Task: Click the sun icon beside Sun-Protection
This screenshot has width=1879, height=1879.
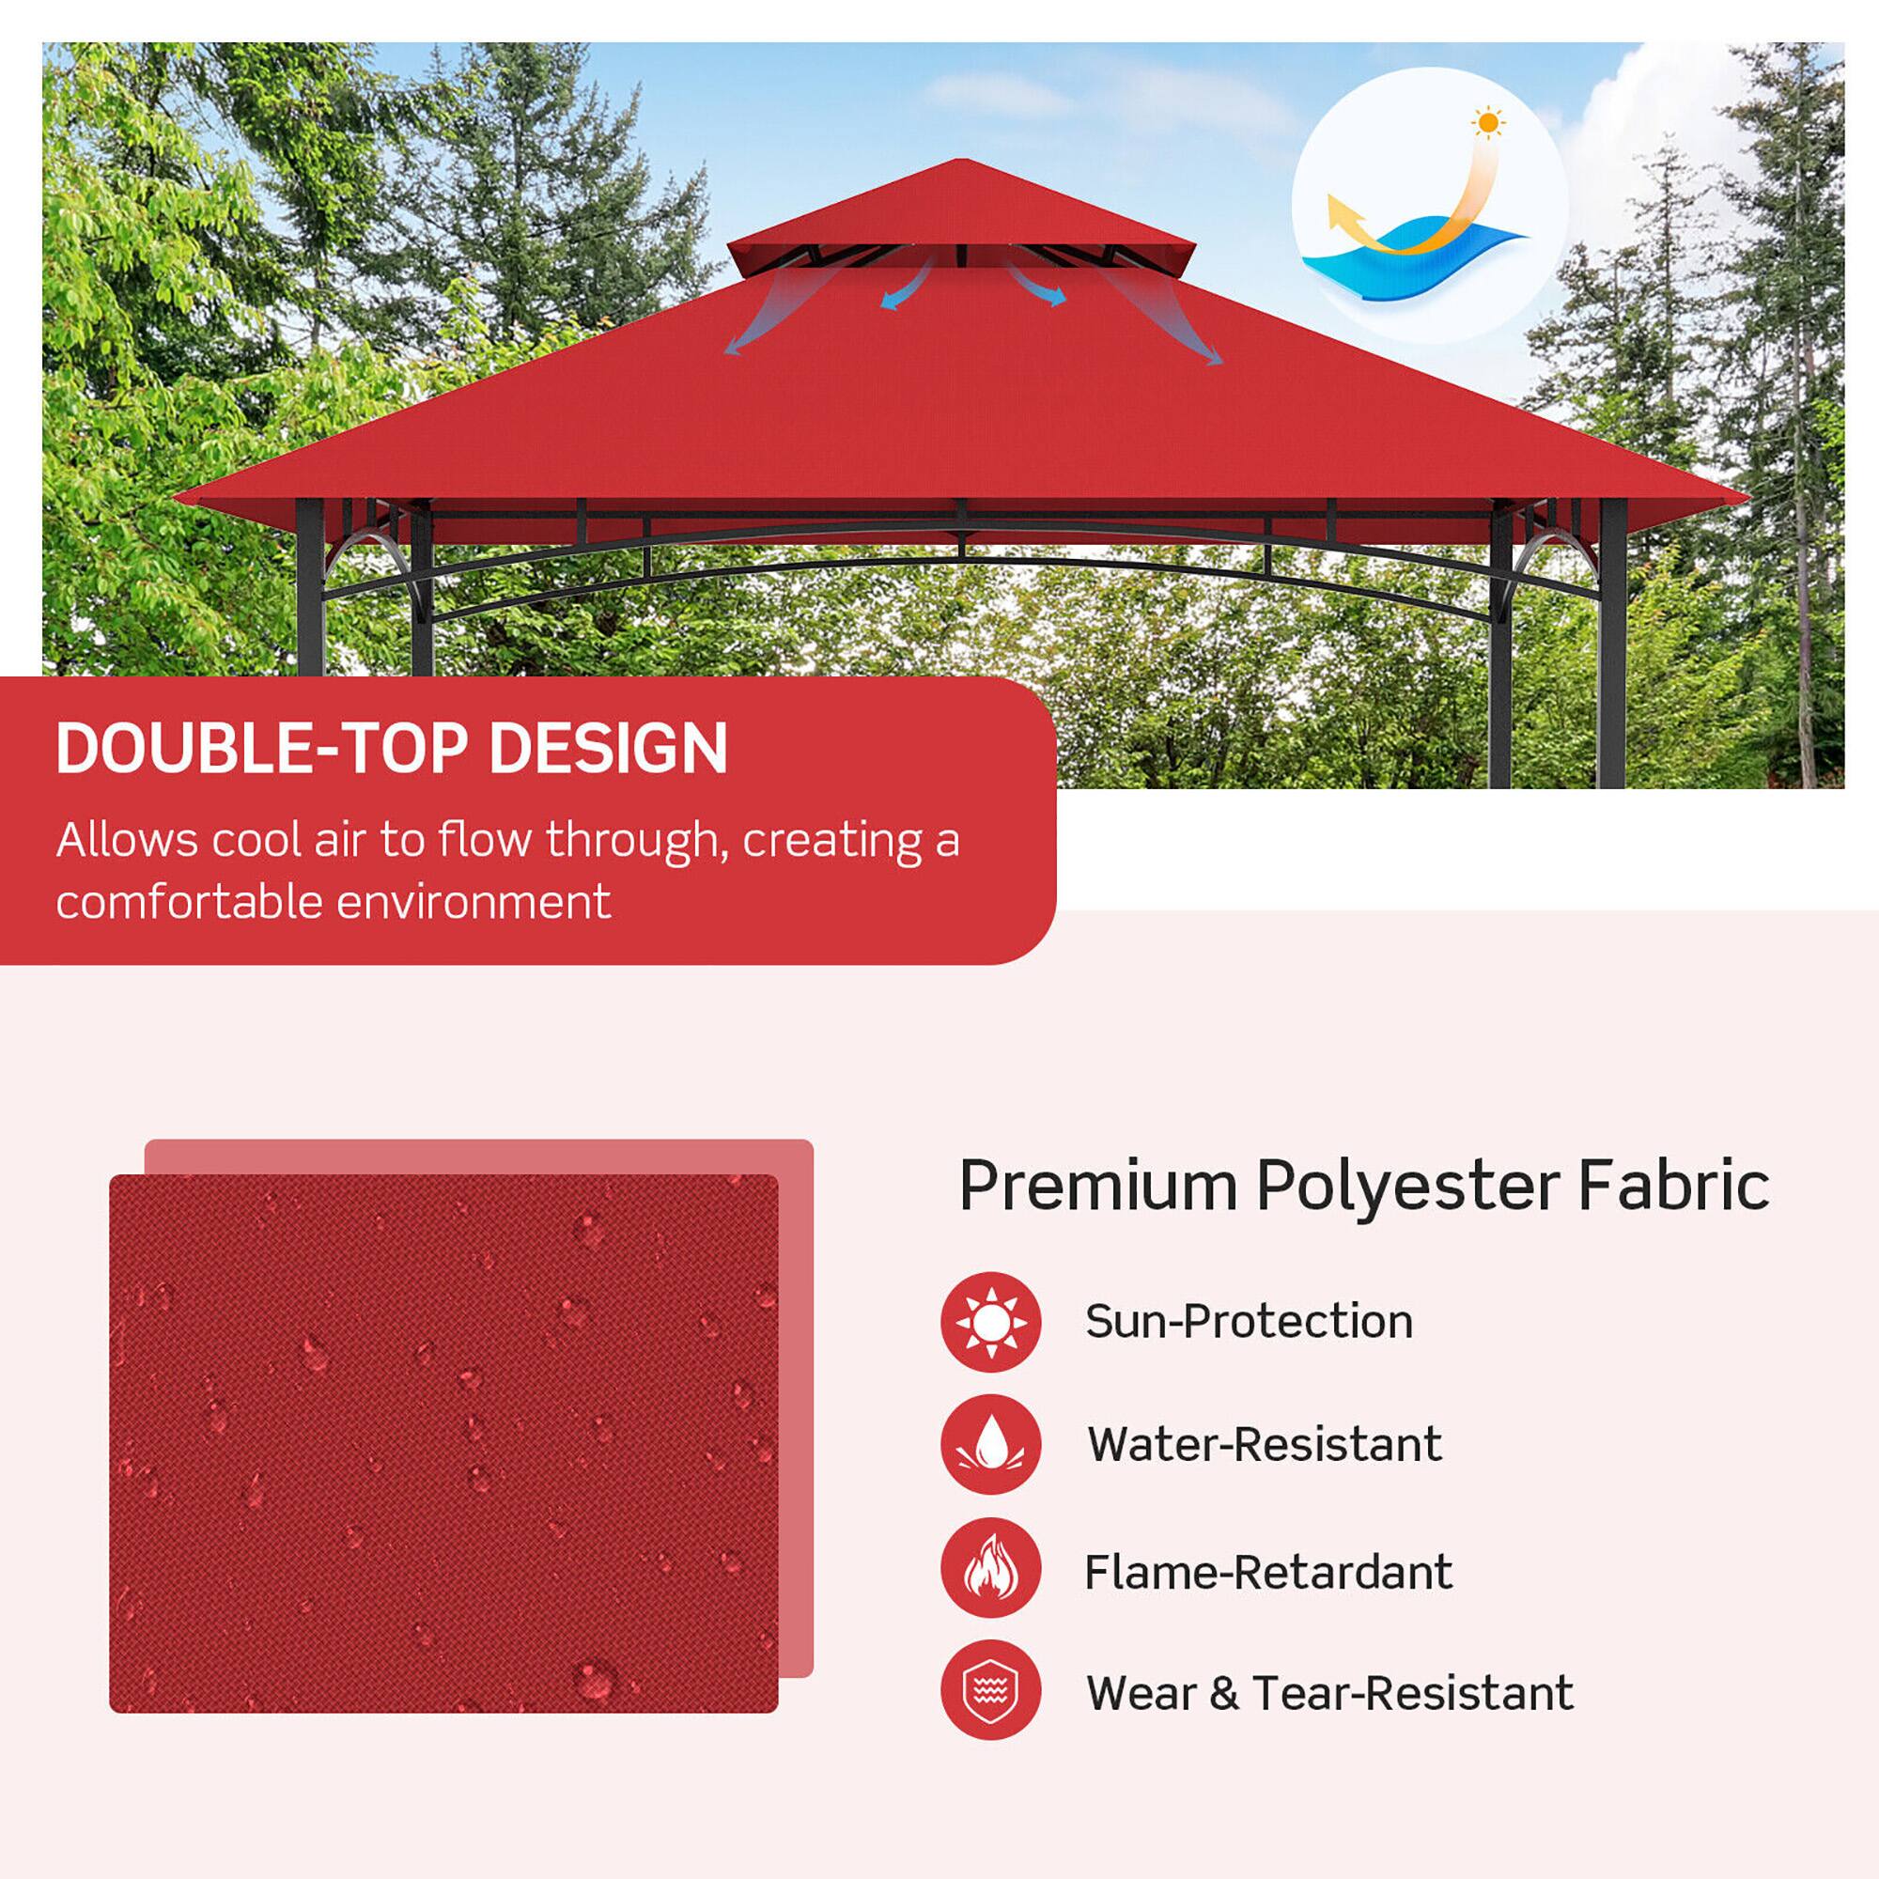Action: tap(990, 1322)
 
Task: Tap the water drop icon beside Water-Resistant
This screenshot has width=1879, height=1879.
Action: tap(990, 1444)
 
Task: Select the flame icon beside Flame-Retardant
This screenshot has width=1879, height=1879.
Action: tap(990, 1568)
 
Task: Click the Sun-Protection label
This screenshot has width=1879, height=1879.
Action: tap(1249, 1322)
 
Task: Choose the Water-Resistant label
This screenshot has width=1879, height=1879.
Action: tap(1265, 1444)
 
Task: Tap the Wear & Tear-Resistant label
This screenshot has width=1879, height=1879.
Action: tap(1329, 1693)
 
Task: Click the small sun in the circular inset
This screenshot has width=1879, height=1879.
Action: tap(1487, 123)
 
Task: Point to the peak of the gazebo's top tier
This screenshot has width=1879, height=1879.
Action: tap(962, 162)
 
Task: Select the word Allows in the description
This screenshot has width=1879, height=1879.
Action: tap(127, 840)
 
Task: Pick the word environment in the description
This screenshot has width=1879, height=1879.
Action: tap(474, 902)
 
